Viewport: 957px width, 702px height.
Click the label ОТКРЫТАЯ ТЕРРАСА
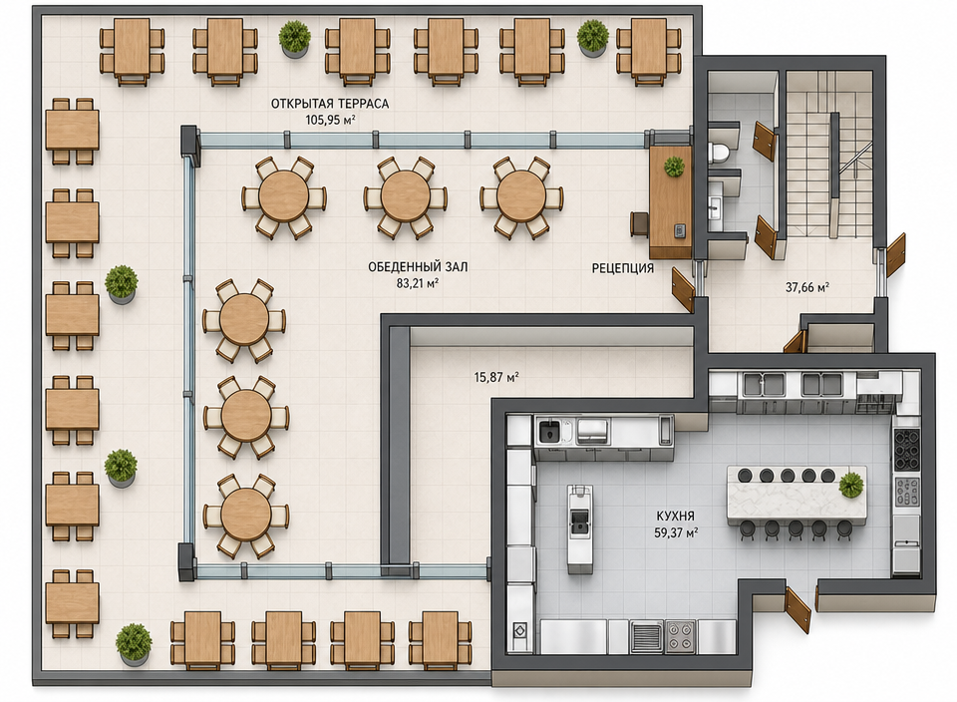click(330, 104)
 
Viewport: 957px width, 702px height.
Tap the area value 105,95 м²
click(330, 121)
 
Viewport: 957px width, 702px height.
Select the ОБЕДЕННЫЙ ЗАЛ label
click(418, 267)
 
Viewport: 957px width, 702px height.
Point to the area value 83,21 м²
click(418, 283)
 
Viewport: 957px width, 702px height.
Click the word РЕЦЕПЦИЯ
click(622, 268)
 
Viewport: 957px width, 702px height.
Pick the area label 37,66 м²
click(806, 287)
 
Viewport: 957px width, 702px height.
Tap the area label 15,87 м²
click(496, 377)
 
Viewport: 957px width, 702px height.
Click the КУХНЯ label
click(676, 517)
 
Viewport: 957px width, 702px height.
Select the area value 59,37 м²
click(676, 532)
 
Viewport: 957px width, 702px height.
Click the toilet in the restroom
click(719, 151)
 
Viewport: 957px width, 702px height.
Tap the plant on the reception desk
click(674, 167)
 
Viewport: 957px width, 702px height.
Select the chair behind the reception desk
click(639, 222)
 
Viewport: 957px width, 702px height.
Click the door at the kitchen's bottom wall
click(797, 610)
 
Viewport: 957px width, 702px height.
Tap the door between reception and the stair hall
click(683, 288)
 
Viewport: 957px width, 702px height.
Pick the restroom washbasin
click(716, 206)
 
